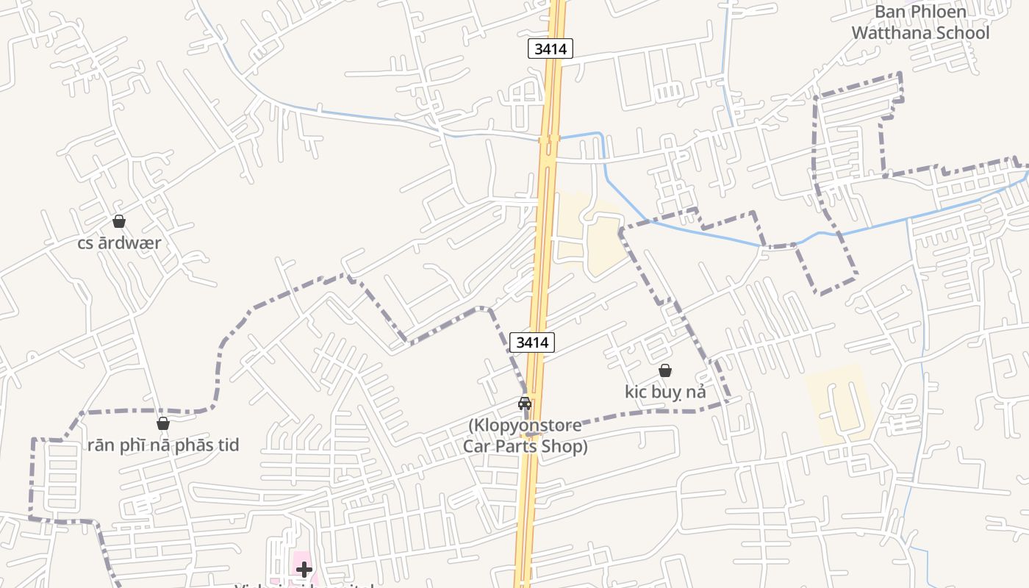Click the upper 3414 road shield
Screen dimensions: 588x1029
(550, 49)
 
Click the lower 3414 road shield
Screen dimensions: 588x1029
(531, 342)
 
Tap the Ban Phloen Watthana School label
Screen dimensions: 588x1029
(920, 23)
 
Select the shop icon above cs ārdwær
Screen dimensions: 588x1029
(119, 221)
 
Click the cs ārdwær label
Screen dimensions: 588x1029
(119, 243)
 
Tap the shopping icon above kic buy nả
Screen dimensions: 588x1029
(665, 370)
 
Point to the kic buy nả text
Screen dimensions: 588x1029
(665, 392)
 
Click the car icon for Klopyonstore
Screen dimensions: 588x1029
(525, 404)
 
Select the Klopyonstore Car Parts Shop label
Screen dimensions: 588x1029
(526, 436)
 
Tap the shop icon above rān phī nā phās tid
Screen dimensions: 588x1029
(163, 423)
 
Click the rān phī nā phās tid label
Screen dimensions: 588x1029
(163, 445)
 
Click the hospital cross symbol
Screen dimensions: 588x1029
(304, 569)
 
